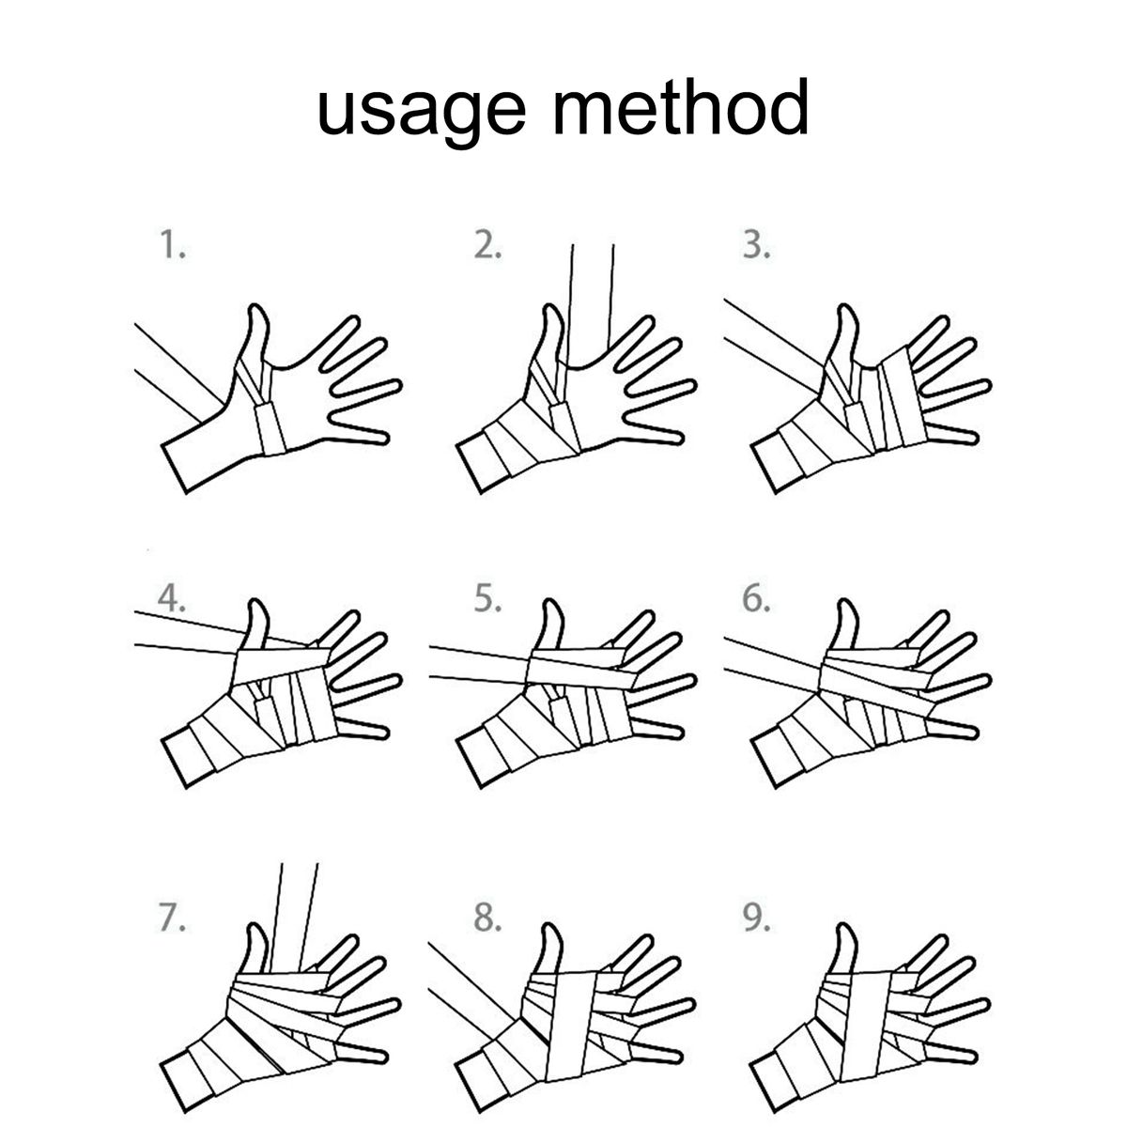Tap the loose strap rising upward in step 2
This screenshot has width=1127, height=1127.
tap(591, 304)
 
